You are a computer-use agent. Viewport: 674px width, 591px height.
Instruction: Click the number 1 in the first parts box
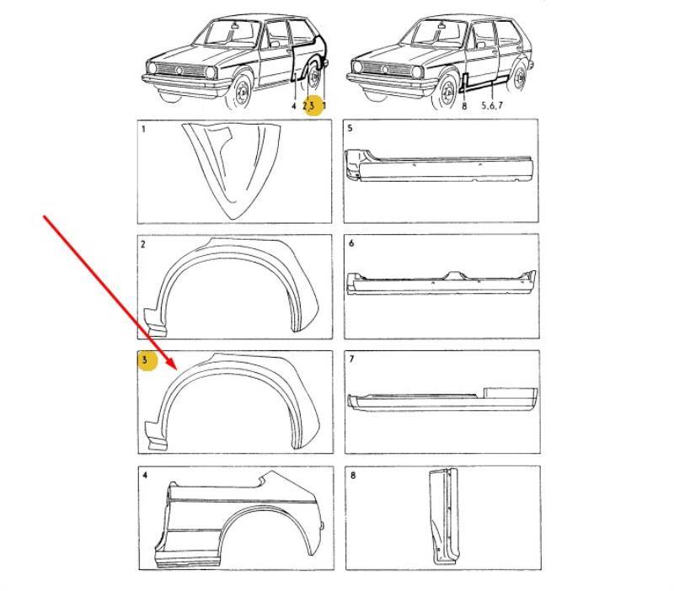143,129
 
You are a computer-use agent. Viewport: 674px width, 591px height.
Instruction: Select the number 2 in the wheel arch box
143,244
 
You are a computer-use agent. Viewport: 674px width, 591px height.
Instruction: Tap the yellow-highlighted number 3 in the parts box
145,360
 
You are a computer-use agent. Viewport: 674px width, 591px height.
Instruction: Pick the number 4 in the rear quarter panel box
145,475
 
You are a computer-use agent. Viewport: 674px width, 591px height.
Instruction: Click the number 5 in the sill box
350,128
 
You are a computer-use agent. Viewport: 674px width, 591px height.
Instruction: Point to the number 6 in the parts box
351,243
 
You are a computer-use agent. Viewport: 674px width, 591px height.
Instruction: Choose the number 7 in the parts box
352,359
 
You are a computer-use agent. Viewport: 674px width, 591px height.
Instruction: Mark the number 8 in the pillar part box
353,475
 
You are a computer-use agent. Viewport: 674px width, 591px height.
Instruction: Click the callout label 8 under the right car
464,105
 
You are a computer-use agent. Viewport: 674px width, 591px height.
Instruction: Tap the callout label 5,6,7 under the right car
492,105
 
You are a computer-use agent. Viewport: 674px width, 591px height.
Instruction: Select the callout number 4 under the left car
294,106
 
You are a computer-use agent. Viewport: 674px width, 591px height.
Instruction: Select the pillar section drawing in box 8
444,516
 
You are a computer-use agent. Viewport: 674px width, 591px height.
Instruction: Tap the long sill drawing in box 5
439,165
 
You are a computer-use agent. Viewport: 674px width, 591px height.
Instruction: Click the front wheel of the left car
241,93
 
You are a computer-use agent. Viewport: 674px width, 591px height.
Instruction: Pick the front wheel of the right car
447,93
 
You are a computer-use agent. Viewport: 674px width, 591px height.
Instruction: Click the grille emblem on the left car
179,71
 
